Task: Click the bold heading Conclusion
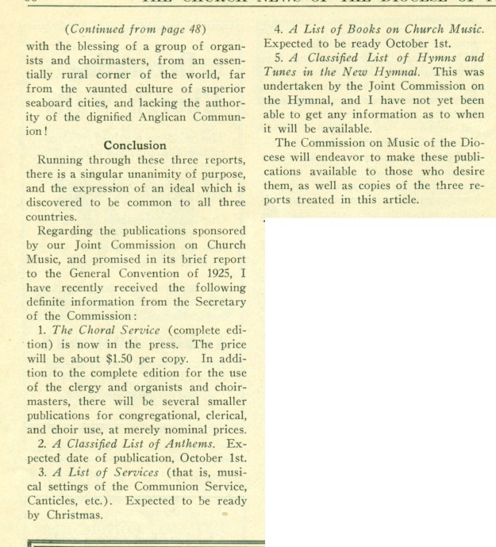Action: point(134,145)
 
